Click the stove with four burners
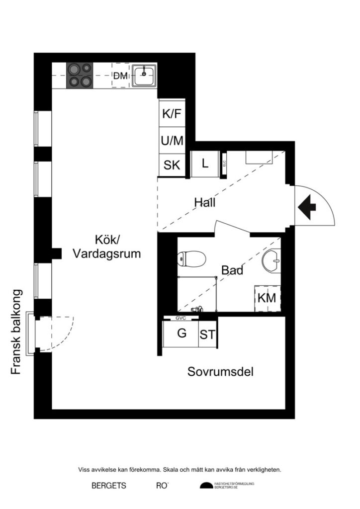point(80,76)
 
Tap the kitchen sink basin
point(144,75)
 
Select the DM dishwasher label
point(120,76)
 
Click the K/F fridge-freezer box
point(172,114)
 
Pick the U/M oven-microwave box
point(172,141)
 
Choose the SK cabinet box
point(172,166)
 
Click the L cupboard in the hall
point(205,163)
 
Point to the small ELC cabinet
point(224,163)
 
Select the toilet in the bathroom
point(192,258)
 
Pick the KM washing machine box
point(267,299)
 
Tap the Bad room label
point(232,271)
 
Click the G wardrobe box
point(182,334)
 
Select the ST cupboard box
point(208,335)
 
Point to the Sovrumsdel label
point(220,371)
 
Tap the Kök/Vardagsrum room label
point(106,247)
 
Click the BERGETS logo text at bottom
point(108,486)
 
